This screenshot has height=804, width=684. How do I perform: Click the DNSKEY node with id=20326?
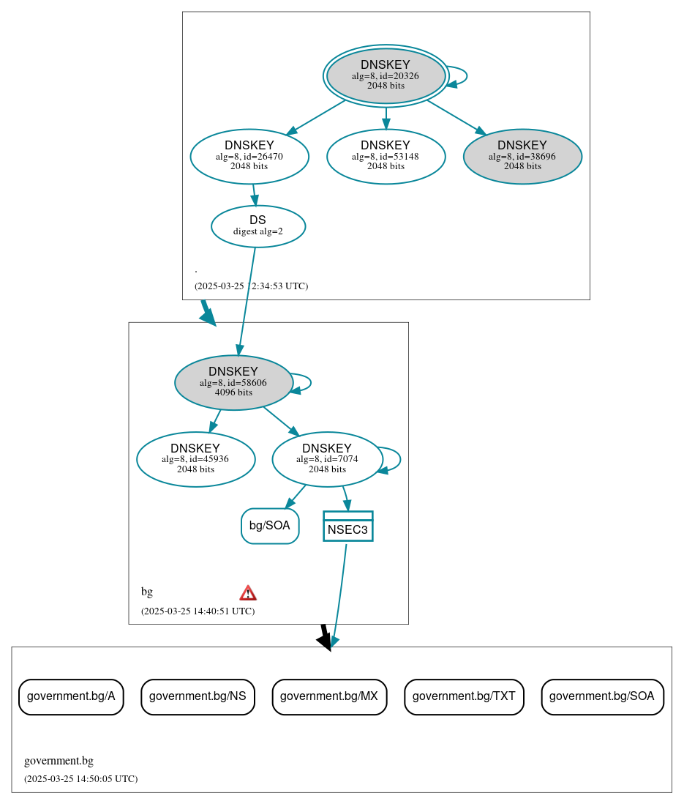[386, 75]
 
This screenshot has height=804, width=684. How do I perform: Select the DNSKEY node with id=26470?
[249, 156]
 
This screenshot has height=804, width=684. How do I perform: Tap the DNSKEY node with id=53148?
[386, 156]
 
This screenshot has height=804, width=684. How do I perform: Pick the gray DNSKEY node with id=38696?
[522, 156]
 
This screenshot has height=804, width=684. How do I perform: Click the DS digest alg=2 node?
[258, 226]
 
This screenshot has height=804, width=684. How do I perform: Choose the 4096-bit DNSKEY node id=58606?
[233, 382]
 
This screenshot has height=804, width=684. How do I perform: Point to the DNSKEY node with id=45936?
[195, 459]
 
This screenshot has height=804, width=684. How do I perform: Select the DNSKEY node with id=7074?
[327, 459]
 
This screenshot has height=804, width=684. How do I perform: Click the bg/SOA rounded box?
[270, 526]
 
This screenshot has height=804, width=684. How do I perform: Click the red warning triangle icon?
[248, 593]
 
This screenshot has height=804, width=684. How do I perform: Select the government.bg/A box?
[71, 696]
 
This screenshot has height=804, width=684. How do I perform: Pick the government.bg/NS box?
[198, 696]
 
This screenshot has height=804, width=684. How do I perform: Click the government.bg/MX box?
[329, 696]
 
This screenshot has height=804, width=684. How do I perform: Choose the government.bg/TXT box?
[464, 696]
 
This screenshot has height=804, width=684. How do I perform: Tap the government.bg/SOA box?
[602, 696]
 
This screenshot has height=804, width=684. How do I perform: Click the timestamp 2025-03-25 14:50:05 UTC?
[80, 779]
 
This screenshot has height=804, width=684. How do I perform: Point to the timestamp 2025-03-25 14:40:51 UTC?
[198, 611]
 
